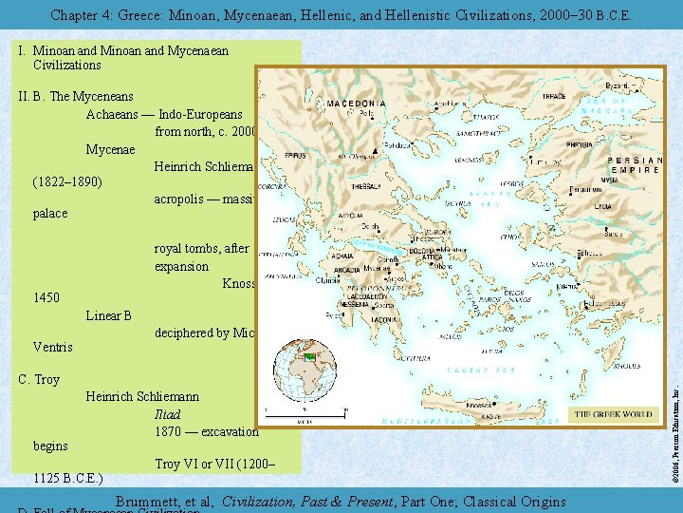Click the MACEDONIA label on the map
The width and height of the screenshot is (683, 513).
358,103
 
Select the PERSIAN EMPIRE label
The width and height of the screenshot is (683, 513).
635,167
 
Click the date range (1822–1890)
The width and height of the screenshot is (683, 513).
67,180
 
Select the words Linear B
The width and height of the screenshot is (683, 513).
108,315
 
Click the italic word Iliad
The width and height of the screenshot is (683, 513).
167,414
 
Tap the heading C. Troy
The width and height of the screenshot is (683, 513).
39,379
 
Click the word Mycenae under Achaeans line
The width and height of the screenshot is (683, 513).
110,149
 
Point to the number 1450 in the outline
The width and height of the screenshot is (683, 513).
46,298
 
